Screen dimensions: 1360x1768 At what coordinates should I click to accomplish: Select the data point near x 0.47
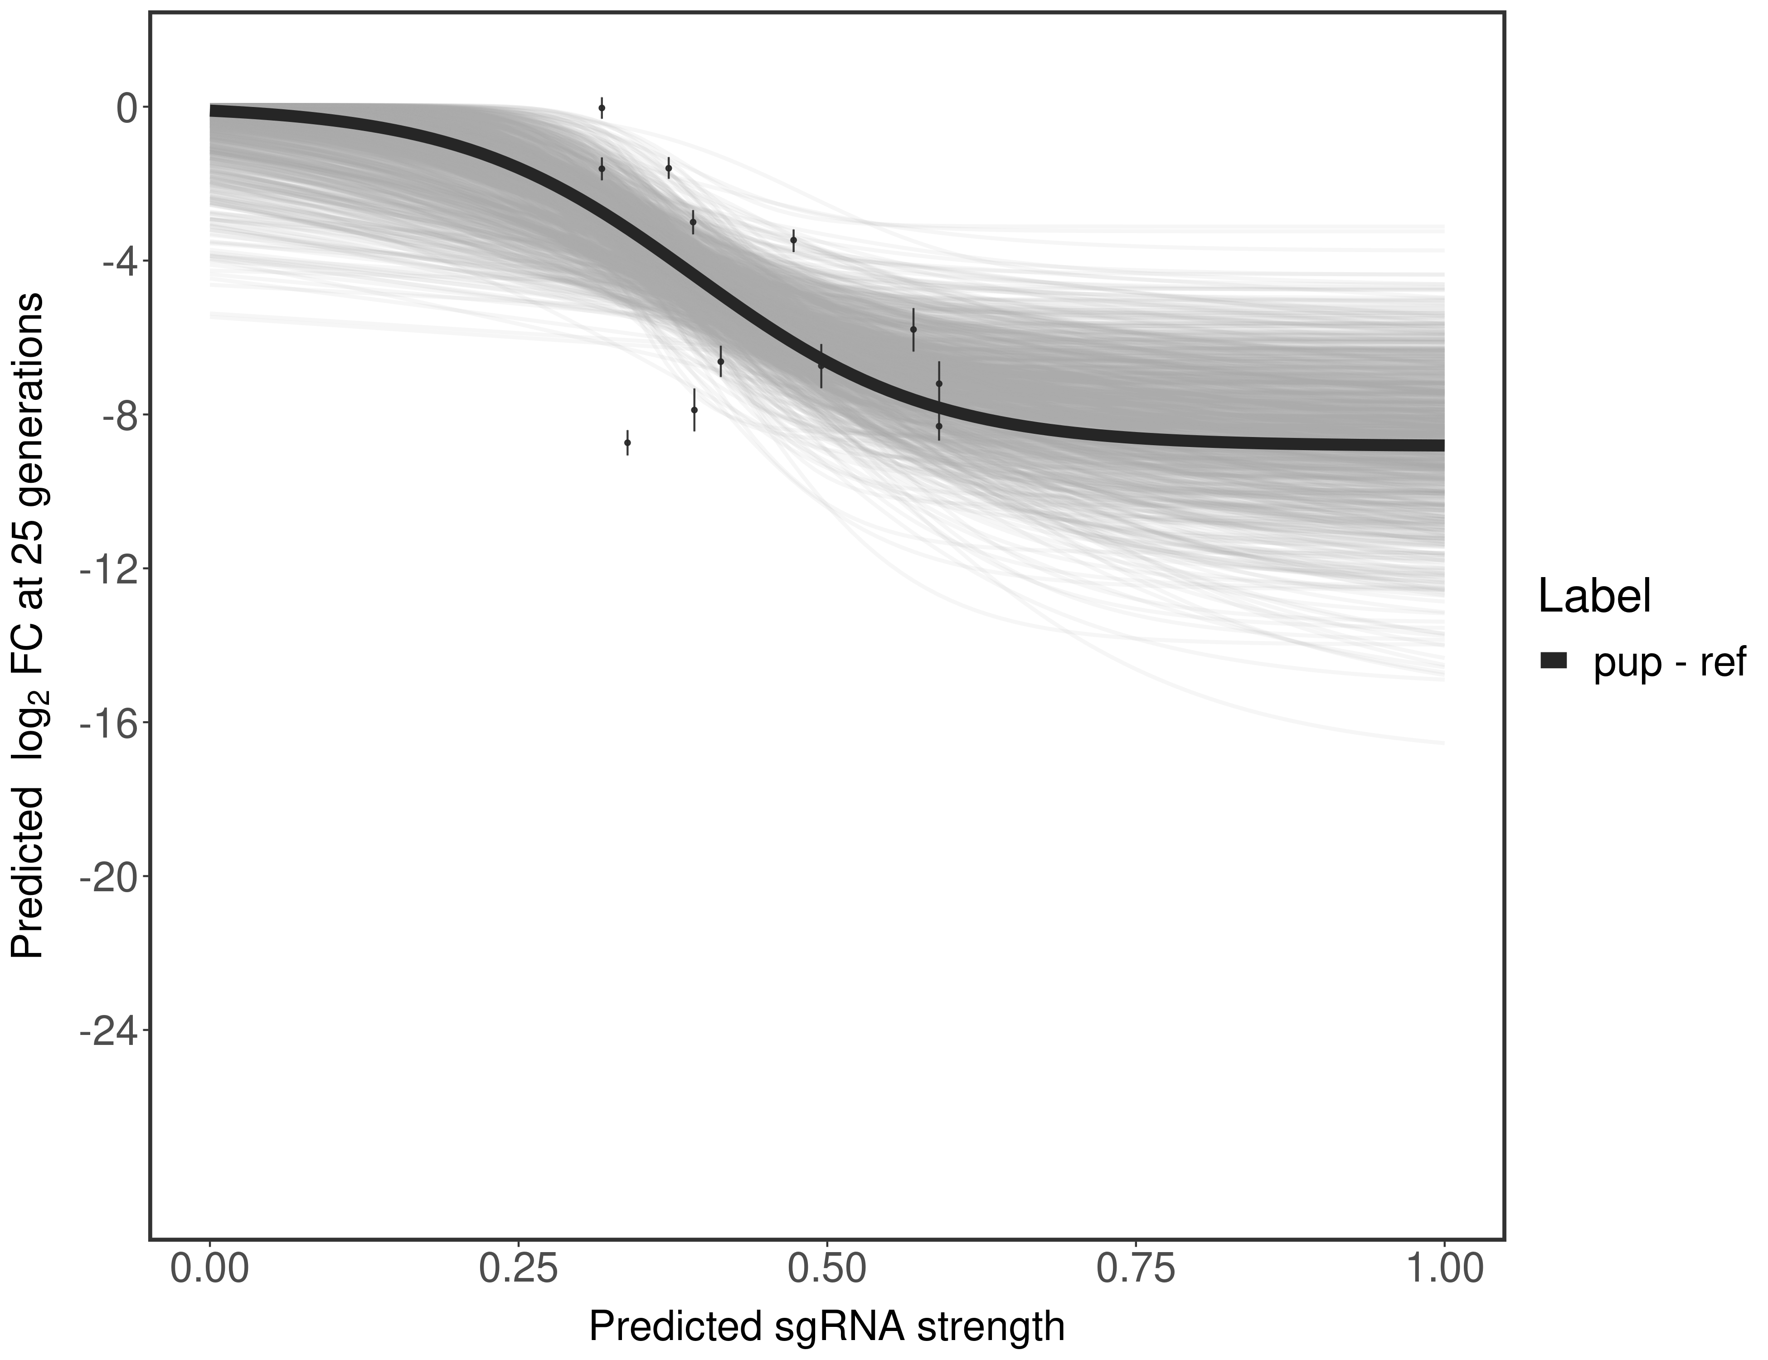coord(793,240)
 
